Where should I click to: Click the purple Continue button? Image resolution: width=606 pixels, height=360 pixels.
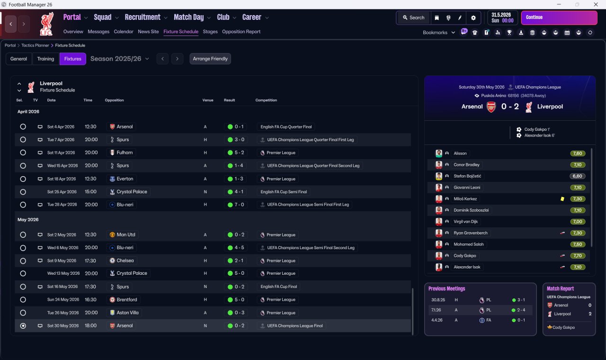pyautogui.click(x=559, y=18)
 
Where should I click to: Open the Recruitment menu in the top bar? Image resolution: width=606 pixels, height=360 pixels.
pyautogui.click(x=143, y=18)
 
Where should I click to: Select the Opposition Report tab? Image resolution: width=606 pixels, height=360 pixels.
pyautogui.click(x=241, y=32)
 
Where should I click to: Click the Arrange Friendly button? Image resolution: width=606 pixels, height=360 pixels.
pyautogui.click(x=210, y=59)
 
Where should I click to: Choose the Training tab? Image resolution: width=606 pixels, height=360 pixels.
pyautogui.click(x=45, y=59)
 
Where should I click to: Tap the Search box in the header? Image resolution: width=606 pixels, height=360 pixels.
pyautogui.click(x=413, y=18)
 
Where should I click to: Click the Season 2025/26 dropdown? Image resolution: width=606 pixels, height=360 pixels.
pyautogui.click(x=120, y=59)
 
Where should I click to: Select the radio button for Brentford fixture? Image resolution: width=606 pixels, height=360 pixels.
pyautogui.click(x=23, y=300)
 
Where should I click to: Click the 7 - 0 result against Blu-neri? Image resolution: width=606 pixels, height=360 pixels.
pyautogui.click(x=236, y=205)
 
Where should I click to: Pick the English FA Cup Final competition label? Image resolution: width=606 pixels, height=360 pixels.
pyautogui.click(x=280, y=287)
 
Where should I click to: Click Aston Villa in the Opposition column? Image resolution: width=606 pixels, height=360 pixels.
pyautogui.click(x=126, y=313)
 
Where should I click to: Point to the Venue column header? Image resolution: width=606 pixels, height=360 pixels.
pyautogui.click(x=208, y=100)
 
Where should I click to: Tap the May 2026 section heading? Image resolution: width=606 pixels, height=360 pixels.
pyautogui.click(x=28, y=220)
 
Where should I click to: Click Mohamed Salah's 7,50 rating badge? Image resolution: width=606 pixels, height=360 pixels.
pyautogui.click(x=578, y=244)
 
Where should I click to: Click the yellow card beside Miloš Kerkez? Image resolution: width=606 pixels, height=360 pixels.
pyautogui.click(x=562, y=199)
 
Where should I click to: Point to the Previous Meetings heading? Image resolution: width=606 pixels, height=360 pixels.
pyautogui.click(x=446, y=288)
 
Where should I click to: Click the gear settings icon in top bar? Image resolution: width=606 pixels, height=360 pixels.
pyautogui.click(x=473, y=18)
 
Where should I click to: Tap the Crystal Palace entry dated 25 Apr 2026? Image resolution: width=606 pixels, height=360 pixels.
pyautogui.click(x=132, y=192)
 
